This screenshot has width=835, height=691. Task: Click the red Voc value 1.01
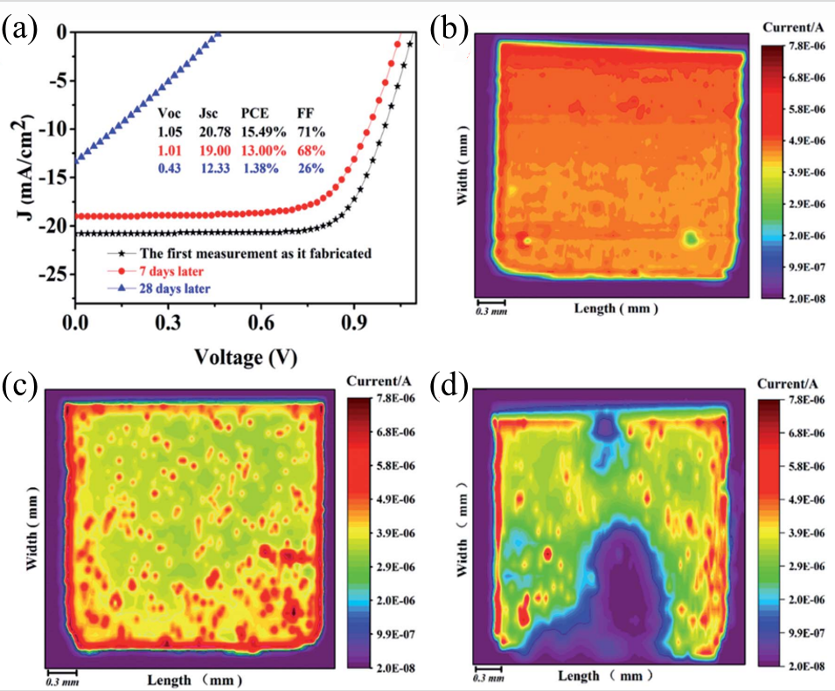(171, 149)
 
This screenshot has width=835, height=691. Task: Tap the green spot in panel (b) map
(692, 237)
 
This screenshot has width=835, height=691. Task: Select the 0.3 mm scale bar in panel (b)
(490, 306)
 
